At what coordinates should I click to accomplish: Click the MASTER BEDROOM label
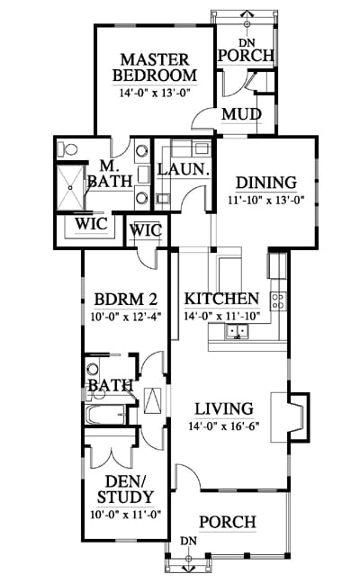(x=155, y=67)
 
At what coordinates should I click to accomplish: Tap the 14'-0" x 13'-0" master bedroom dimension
(x=155, y=92)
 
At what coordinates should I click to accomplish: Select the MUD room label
(x=241, y=114)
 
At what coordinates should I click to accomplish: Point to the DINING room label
(x=266, y=183)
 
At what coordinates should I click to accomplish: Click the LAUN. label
(x=183, y=169)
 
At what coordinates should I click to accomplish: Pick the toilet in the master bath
(x=67, y=149)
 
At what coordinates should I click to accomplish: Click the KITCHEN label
(x=222, y=299)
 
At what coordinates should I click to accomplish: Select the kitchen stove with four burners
(x=278, y=300)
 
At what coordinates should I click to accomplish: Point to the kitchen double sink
(x=237, y=332)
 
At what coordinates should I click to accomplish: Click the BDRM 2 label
(x=126, y=299)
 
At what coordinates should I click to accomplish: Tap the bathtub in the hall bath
(x=105, y=415)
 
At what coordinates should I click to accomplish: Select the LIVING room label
(x=224, y=408)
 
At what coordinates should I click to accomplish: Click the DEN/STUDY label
(x=125, y=489)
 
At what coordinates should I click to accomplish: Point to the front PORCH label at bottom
(x=228, y=522)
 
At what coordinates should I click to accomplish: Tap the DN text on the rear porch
(x=247, y=43)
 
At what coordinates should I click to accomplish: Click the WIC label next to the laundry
(x=146, y=230)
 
